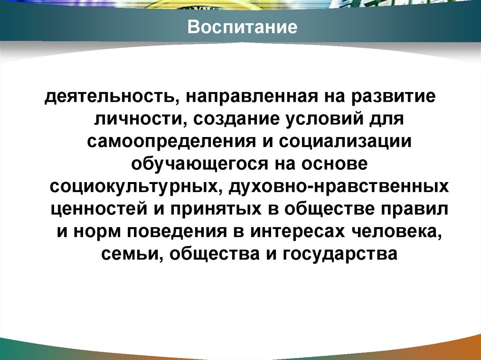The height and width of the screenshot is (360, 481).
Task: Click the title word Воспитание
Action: click(242, 27)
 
